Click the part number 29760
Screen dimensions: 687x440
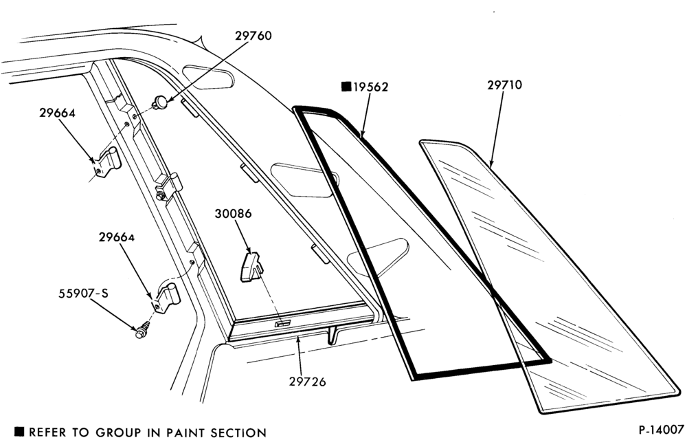[x=254, y=36]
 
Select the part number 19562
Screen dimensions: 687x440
[x=371, y=87]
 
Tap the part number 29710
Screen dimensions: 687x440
[x=505, y=85]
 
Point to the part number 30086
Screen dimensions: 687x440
[x=233, y=214]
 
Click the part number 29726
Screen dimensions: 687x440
[x=308, y=382]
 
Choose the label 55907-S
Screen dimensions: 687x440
[x=83, y=293]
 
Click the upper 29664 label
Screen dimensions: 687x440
[x=58, y=113]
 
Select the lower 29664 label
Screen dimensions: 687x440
[x=117, y=237]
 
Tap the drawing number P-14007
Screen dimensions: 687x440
[x=660, y=428]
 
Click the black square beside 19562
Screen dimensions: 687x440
[x=346, y=87]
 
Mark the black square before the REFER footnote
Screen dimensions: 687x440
[x=20, y=432]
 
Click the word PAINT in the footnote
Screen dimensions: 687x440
[x=187, y=432]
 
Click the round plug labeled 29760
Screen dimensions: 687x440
[x=159, y=102]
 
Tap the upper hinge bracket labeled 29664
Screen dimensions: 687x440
[x=108, y=162]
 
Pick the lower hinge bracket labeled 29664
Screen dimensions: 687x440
[x=166, y=298]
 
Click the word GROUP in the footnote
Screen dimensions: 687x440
[x=118, y=432]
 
